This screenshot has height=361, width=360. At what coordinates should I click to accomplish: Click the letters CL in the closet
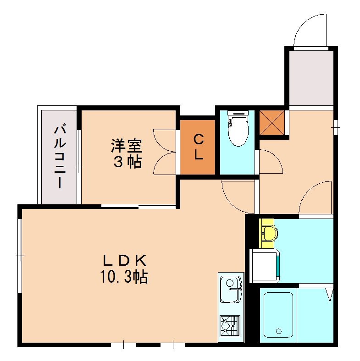(198, 147)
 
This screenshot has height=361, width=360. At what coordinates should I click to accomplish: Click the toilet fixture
(238, 131)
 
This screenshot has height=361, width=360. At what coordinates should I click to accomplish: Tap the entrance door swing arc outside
(311, 30)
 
